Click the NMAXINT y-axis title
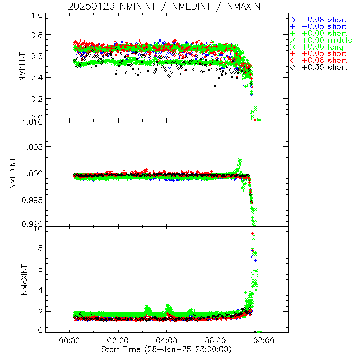tap(22, 280)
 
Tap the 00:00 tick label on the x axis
tap(69, 341)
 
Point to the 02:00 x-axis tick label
tap(118, 341)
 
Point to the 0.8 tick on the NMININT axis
tap(37, 35)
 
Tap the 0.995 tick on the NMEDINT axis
tap(32, 200)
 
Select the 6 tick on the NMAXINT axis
tap(40, 269)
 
